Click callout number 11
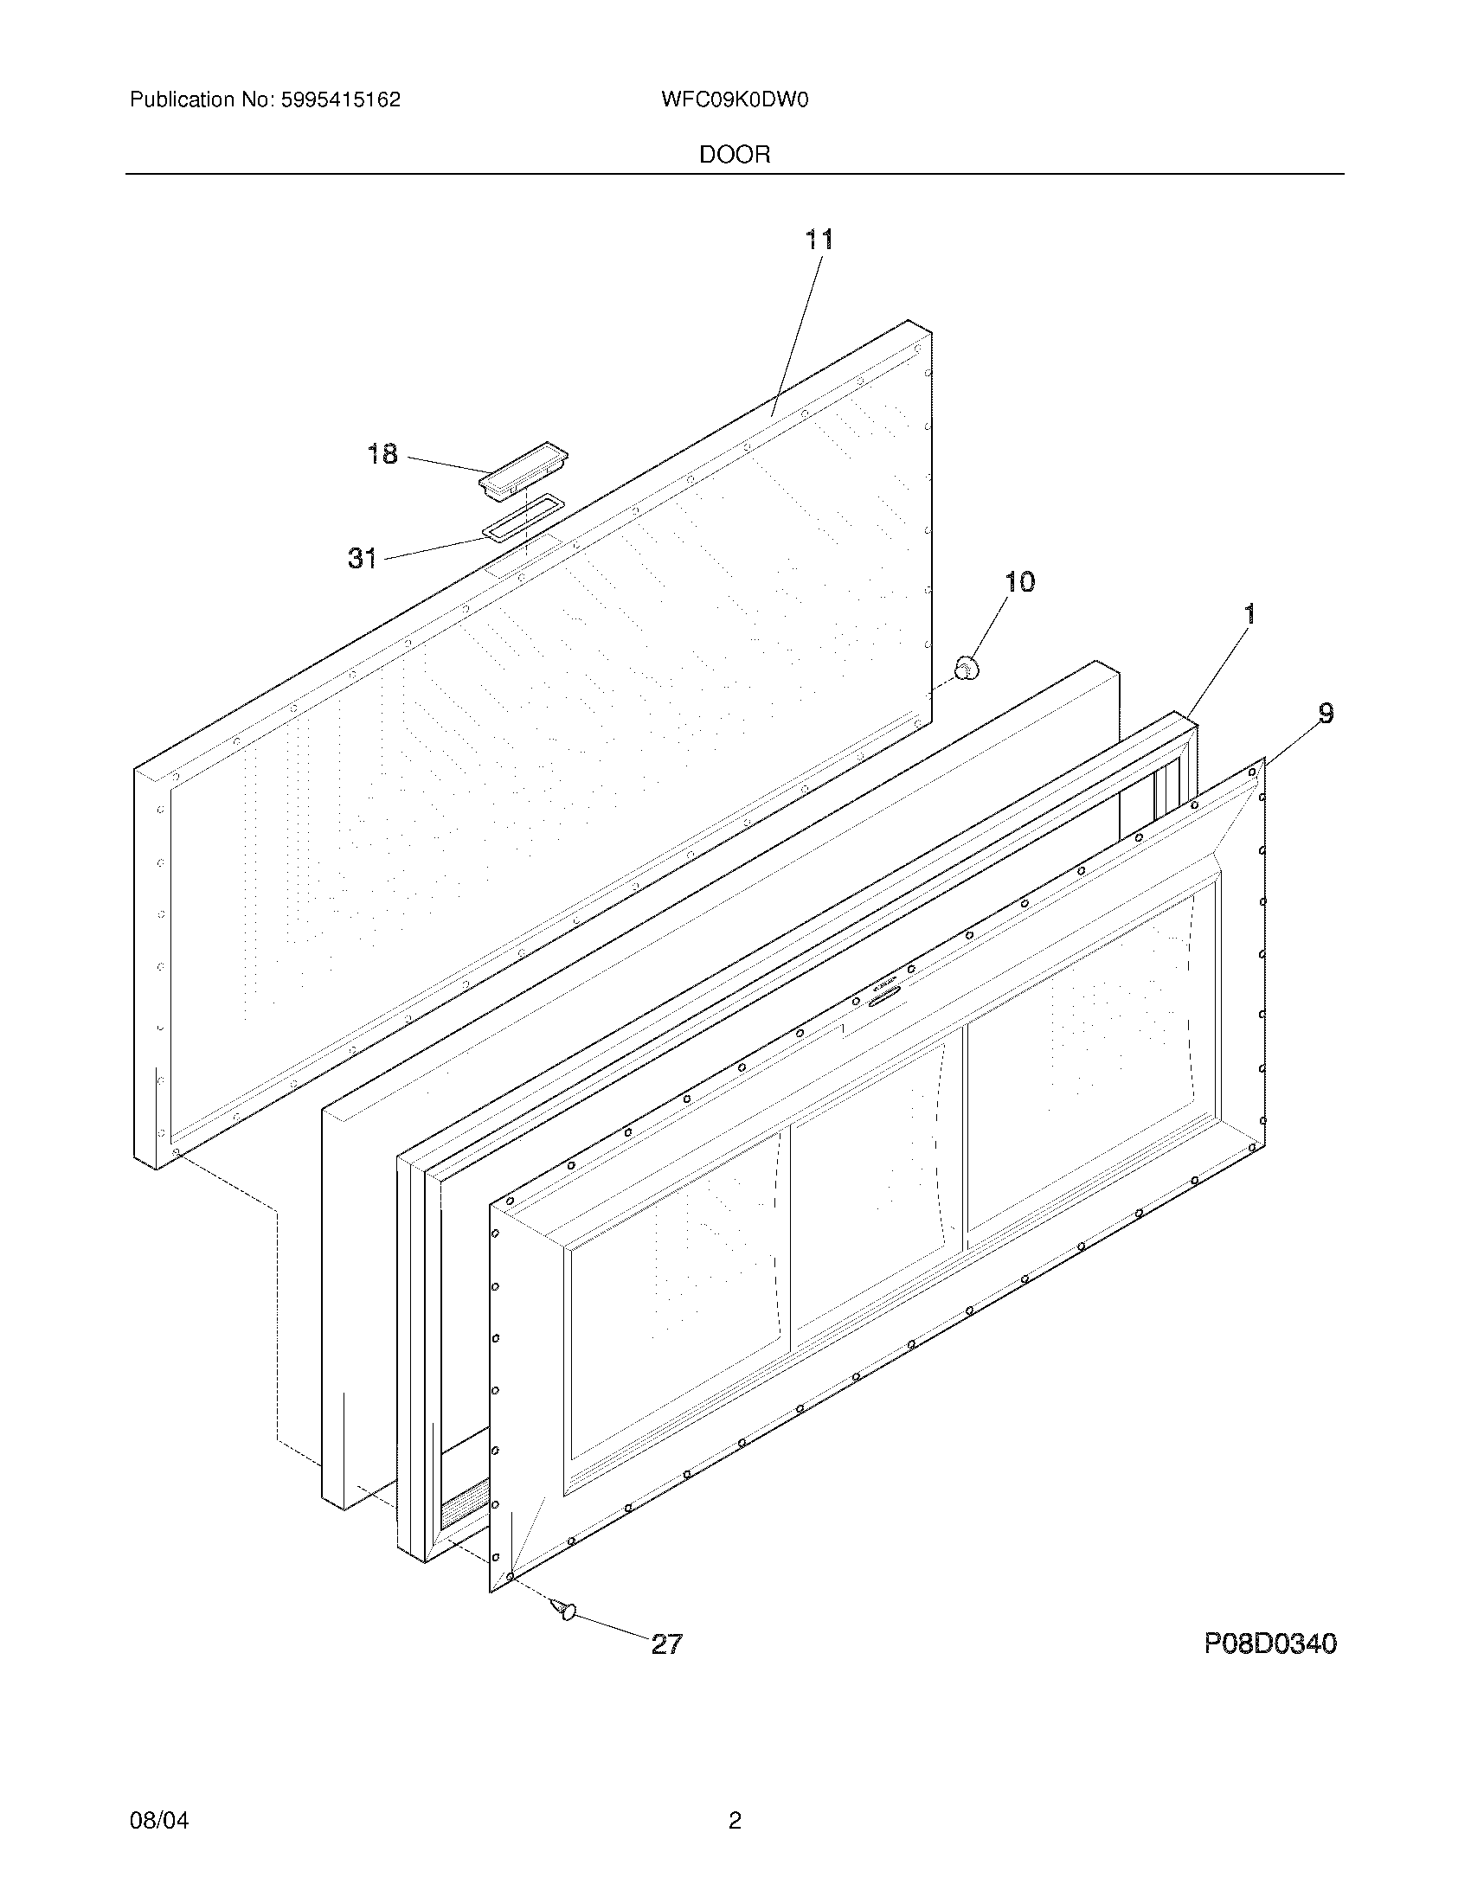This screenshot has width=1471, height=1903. (819, 239)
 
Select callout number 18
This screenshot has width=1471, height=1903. (382, 454)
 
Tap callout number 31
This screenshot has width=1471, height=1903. (363, 558)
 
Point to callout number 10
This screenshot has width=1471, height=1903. (1019, 581)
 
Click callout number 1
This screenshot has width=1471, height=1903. (1249, 614)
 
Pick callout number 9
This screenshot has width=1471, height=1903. (1325, 714)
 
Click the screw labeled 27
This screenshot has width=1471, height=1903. (563, 1609)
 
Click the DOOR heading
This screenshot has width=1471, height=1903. (735, 155)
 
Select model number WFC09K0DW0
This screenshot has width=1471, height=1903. (735, 99)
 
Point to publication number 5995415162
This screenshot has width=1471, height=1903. (341, 99)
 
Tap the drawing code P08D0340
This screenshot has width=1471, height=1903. (1269, 1643)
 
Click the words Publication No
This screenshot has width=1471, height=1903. (202, 99)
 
